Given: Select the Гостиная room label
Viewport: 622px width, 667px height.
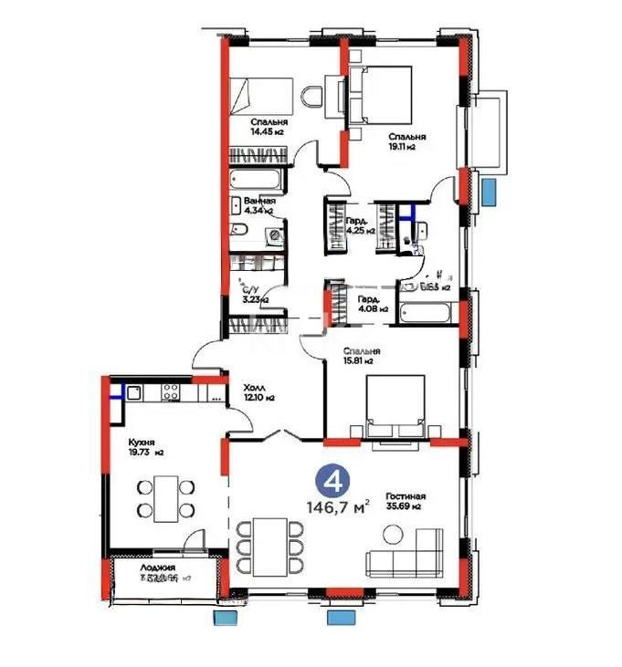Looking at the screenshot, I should click(x=405, y=496).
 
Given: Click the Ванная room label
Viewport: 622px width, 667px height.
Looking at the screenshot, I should click(x=259, y=202).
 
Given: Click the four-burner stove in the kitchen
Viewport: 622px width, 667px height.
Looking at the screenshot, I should click(x=171, y=393).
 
